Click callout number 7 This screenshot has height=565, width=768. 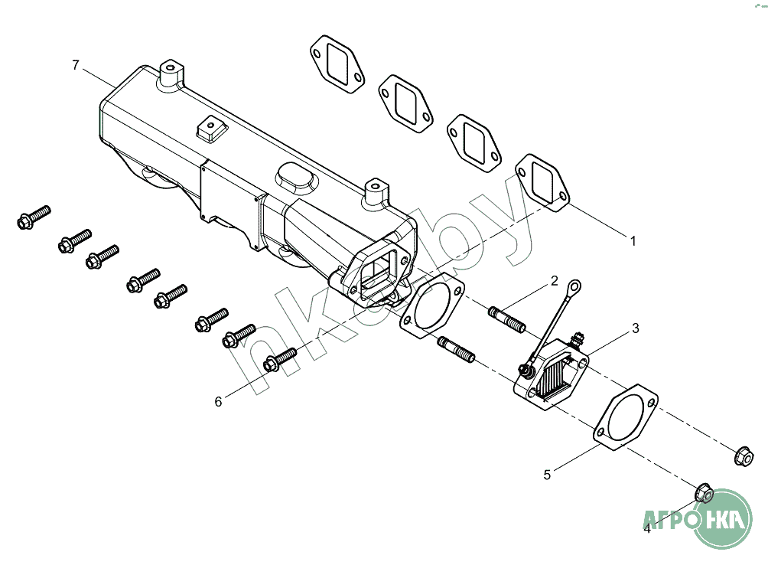(76, 65)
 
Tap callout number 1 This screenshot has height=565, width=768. (633, 241)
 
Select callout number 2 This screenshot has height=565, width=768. (554, 281)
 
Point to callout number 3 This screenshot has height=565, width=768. (635, 328)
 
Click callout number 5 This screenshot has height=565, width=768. (547, 475)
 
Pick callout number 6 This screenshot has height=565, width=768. (218, 402)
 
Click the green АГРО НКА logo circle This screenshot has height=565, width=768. (723, 518)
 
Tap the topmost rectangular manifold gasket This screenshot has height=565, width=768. (337, 64)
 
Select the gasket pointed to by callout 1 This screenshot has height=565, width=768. (542, 183)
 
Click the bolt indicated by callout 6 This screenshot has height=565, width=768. (280, 359)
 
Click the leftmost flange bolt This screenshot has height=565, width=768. (34, 217)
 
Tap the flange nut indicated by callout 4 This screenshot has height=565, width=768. (704, 493)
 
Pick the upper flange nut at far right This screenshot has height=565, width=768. (744, 456)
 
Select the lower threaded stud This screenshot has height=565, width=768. (456, 349)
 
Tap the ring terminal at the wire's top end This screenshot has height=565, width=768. (574, 286)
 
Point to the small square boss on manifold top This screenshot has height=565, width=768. (212, 129)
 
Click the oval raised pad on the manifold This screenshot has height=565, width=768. (295, 179)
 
